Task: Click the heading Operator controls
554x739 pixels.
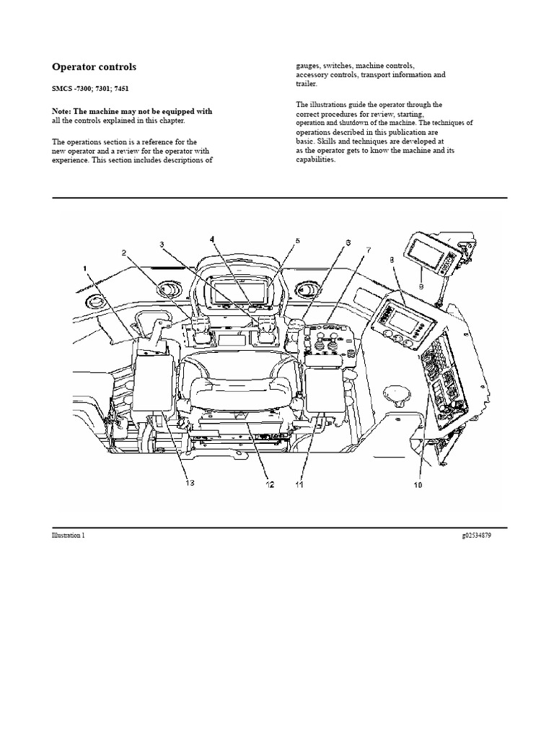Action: tap(94, 67)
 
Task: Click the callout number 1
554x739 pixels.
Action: tap(86, 268)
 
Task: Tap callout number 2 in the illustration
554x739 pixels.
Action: tap(124, 253)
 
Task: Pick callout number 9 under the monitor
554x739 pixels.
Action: tap(421, 286)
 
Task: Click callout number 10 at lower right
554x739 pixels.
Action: tap(417, 486)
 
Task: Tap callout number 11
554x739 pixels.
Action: tap(299, 485)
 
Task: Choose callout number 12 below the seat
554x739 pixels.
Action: tap(270, 485)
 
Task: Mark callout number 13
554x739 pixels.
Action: tap(190, 484)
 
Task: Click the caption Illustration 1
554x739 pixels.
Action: tap(68, 535)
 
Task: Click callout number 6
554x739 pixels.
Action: tap(348, 242)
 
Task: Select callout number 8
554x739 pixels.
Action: tap(391, 258)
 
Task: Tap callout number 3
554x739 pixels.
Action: tap(162, 245)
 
